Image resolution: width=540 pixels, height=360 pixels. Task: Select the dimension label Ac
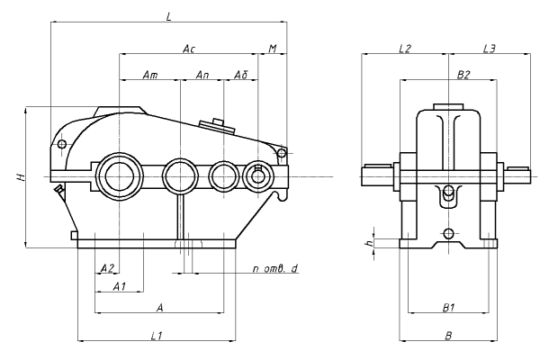pyautogui.click(x=188, y=48)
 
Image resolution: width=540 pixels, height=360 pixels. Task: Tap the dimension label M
pyautogui.click(x=273, y=48)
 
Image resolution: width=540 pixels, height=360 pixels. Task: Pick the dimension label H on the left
pyautogui.click(x=17, y=177)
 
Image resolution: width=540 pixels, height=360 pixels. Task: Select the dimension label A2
pyautogui.click(x=106, y=268)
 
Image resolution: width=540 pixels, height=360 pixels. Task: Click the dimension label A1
pyautogui.click(x=119, y=286)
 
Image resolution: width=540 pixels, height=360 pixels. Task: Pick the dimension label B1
pyautogui.click(x=448, y=308)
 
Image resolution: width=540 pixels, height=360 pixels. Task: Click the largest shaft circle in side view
pyautogui.click(x=119, y=175)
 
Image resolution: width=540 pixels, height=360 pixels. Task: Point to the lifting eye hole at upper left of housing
pyautogui.click(x=61, y=144)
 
